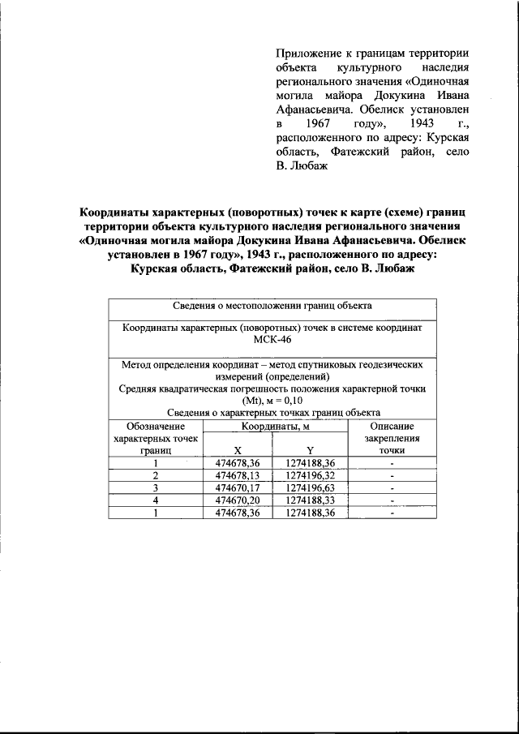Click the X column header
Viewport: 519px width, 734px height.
(x=237, y=450)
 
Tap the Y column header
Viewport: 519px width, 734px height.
(x=310, y=450)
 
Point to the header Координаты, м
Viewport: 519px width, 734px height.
(x=274, y=426)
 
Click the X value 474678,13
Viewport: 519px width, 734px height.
(x=237, y=475)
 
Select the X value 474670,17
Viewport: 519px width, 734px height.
(x=237, y=488)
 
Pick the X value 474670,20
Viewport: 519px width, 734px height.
(x=237, y=501)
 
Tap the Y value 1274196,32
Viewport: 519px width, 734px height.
(x=310, y=475)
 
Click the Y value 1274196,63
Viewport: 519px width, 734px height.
(x=310, y=488)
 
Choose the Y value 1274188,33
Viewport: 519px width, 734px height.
(x=310, y=501)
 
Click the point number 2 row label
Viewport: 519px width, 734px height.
(x=155, y=475)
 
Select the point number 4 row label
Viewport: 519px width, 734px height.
(x=155, y=501)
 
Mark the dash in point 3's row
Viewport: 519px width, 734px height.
(x=392, y=488)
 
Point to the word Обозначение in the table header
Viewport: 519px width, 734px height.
(x=155, y=426)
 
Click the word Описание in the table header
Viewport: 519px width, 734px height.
(x=392, y=426)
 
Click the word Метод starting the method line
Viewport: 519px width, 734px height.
(x=139, y=364)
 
